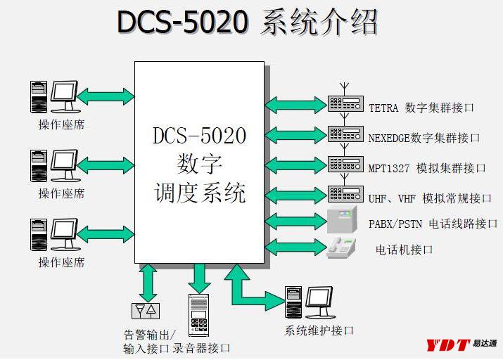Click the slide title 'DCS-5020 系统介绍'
[x=247, y=22]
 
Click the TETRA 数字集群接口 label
[x=421, y=108]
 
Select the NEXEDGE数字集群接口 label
[x=424, y=138]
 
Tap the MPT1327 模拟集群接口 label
[x=426, y=168]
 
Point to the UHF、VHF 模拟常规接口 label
[x=430, y=198]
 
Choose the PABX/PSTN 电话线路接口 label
[x=433, y=224]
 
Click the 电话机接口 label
[x=404, y=250]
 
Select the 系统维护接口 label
[x=319, y=330]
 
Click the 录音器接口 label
[x=201, y=348]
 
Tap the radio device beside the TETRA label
[x=345, y=103]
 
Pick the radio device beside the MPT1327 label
[x=345, y=164]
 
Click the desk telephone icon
[x=341, y=247]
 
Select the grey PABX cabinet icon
[x=342, y=219]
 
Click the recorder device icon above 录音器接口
[x=198, y=315]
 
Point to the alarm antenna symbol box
[x=146, y=311]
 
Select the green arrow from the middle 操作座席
[x=106, y=165]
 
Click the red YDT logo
[x=448, y=345]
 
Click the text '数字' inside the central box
[x=199, y=164]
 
